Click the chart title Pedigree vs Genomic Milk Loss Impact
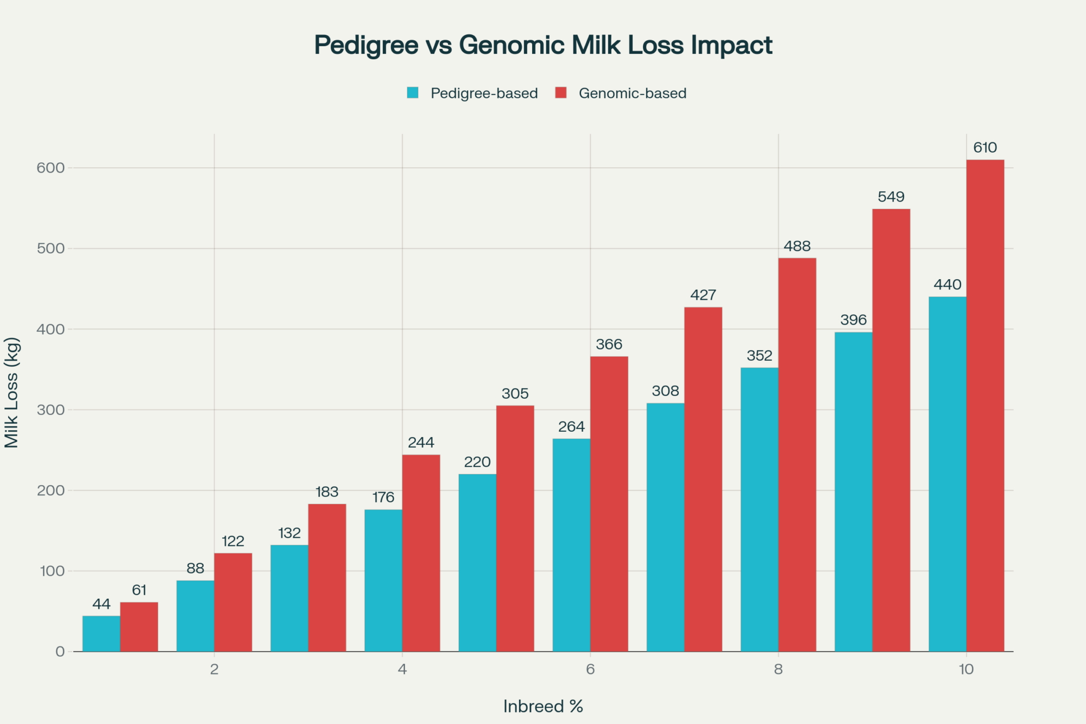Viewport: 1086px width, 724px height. tap(543, 45)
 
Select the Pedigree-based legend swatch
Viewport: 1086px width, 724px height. tap(413, 93)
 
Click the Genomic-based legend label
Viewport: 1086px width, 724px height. tap(633, 93)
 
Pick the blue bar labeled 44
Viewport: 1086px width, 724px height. tap(101, 633)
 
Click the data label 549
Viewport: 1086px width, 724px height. tap(891, 197)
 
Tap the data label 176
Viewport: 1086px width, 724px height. tap(383, 498)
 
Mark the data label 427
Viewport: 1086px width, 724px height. tap(703, 295)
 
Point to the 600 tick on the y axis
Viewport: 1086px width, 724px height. tap(50, 168)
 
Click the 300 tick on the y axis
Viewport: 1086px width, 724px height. tap(50, 410)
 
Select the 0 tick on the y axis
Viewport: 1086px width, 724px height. tap(60, 652)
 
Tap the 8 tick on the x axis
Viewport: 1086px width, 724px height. tap(778, 669)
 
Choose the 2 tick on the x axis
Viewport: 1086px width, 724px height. tap(214, 669)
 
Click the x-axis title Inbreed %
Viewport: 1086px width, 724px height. tap(543, 706)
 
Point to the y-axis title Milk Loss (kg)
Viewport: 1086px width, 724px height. tap(12, 393)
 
